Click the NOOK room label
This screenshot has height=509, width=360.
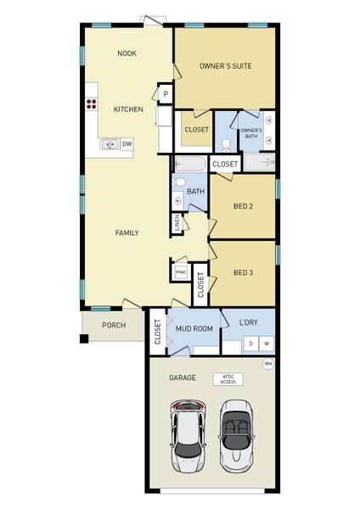click(x=127, y=53)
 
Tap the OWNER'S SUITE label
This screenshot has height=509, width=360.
click(x=225, y=65)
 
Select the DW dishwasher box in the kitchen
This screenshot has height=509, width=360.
click(x=127, y=144)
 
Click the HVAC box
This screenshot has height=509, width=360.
click(x=180, y=271)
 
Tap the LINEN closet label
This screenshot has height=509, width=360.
click(x=177, y=224)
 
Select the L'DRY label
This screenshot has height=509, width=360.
click(x=249, y=322)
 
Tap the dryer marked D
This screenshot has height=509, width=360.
click(x=250, y=344)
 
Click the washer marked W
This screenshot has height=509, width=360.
click(x=266, y=344)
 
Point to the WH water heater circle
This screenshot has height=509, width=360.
click(x=267, y=364)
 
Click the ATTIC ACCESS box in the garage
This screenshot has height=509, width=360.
click(x=228, y=379)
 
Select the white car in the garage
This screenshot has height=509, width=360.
click(x=186, y=436)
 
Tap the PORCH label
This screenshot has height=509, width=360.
click(x=114, y=326)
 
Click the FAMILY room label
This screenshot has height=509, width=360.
click(x=127, y=232)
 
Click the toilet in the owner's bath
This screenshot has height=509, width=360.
click(x=226, y=144)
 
